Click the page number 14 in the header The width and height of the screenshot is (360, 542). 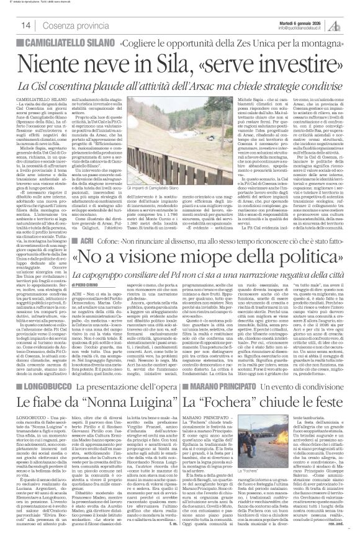pyautogui.click(x=11, y=24)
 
